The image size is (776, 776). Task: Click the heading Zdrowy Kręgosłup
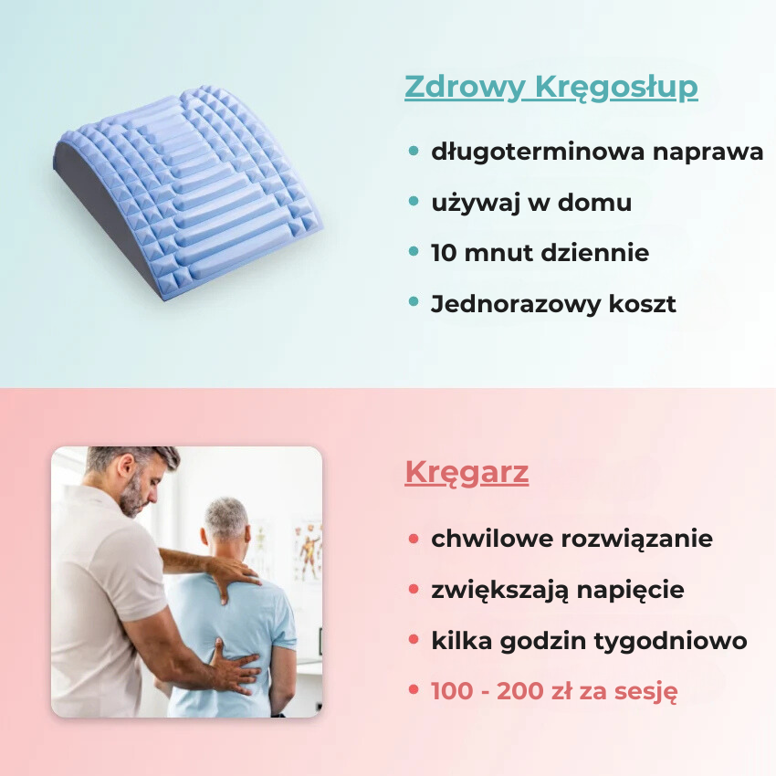[551, 88]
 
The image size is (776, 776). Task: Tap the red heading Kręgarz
[467, 473]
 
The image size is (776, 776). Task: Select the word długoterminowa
[538, 152]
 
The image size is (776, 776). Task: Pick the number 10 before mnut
[444, 252]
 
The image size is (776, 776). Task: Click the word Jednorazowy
[515, 304]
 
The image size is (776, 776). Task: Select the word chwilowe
[491, 539]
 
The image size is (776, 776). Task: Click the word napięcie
[630, 591]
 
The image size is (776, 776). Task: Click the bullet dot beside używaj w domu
[414, 201]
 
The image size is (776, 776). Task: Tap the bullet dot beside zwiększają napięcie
[414, 589]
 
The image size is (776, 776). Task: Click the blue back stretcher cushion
[187, 193]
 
